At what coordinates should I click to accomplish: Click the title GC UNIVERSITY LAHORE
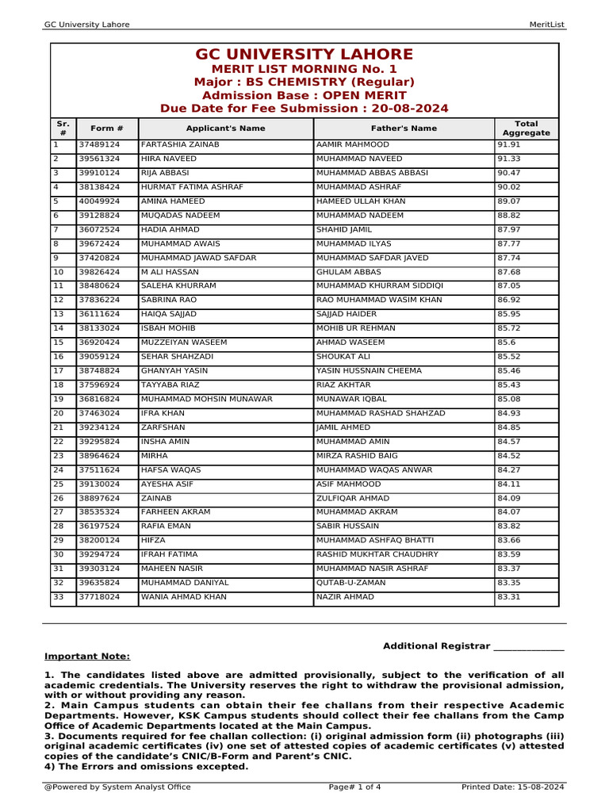click(x=304, y=55)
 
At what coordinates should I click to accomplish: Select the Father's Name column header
click(x=404, y=128)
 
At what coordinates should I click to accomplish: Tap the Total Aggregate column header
click(x=526, y=128)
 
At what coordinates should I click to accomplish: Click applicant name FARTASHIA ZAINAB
click(x=180, y=145)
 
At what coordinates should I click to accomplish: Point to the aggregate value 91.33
click(x=508, y=159)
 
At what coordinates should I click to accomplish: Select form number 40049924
click(x=98, y=201)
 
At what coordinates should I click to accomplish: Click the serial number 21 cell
click(x=58, y=427)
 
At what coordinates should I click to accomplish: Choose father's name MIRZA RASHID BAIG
click(x=353, y=456)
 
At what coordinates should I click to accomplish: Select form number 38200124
click(x=98, y=540)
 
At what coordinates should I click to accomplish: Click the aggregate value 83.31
click(x=508, y=597)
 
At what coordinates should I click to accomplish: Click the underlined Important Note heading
click(x=87, y=657)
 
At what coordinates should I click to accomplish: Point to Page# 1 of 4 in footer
click(x=354, y=787)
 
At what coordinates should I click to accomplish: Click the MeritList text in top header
click(x=546, y=25)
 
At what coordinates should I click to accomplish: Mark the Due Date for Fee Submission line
click(x=304, y=109)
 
